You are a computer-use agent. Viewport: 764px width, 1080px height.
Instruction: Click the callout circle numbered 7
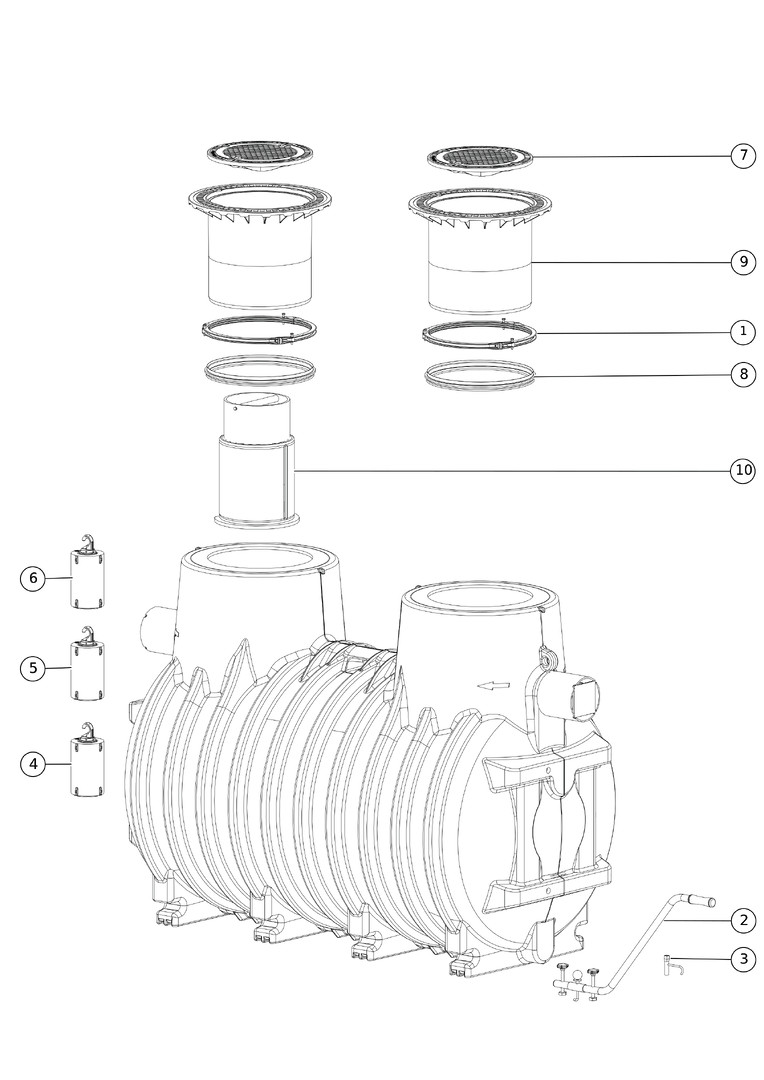743,156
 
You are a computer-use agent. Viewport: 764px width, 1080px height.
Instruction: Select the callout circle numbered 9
743,262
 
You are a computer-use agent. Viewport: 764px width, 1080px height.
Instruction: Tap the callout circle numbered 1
743,332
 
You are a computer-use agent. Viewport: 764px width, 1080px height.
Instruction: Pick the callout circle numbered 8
743,375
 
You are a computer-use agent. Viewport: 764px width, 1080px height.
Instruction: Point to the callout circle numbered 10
743,470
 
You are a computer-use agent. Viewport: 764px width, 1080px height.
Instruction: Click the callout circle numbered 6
33,578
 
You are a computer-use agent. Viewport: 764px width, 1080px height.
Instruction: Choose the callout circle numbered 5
33,668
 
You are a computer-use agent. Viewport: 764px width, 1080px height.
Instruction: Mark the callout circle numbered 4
33,764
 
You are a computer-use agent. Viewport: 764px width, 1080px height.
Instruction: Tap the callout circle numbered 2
743,920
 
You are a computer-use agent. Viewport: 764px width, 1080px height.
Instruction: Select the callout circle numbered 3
743,959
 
